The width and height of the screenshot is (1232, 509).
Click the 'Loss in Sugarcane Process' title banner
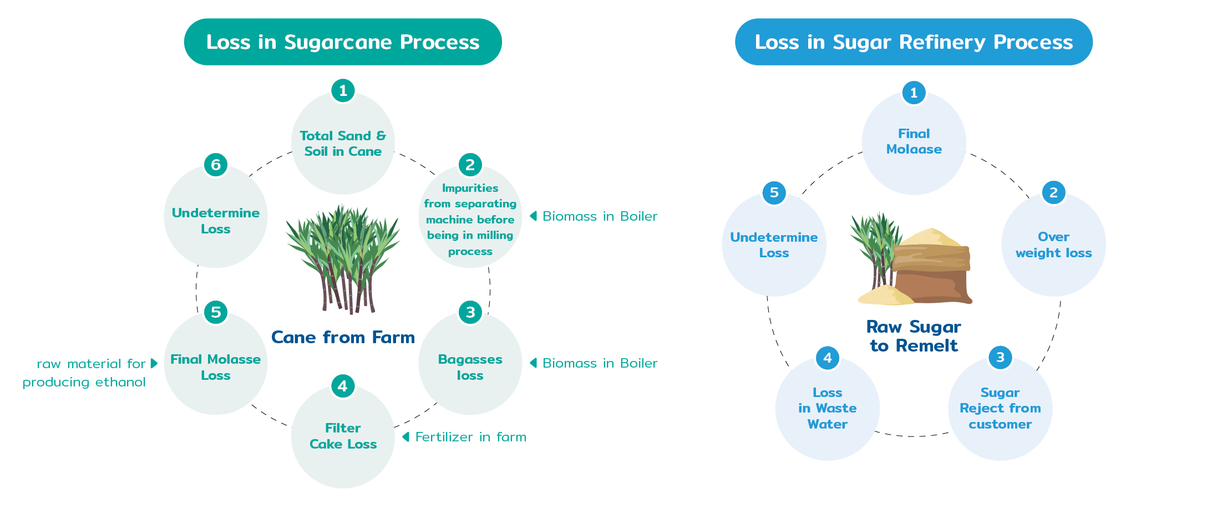click(x=343, y=42)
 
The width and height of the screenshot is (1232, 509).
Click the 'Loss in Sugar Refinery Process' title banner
click(x=914, y=42)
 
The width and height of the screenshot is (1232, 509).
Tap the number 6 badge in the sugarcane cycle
click(x=216, y=165)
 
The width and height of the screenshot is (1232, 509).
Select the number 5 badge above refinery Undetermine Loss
click(x=774, y=193)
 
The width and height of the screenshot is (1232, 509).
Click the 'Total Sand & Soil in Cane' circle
click(x=343, y=143)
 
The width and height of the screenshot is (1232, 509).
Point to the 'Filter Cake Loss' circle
click(x=343, y=436)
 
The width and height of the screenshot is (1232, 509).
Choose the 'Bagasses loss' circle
click(x=470, y=363)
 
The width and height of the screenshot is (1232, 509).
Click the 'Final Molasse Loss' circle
click(x=216, y=363)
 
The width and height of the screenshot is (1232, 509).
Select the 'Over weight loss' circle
click(x=1053, y=245)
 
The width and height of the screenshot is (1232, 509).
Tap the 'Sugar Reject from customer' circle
click(x=1000, y=409)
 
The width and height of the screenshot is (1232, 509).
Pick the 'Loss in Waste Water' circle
click(x=827, y=409)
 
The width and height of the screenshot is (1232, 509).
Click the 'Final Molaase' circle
click(x=914, y=142)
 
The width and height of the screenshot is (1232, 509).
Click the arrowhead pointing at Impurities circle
click(x=533, y=216)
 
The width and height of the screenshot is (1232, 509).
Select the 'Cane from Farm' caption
click(x=343, y=337)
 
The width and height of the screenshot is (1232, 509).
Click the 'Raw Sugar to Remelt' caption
click(x=914, y=336)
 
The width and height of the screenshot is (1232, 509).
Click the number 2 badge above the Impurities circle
click(x=470, y=165)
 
